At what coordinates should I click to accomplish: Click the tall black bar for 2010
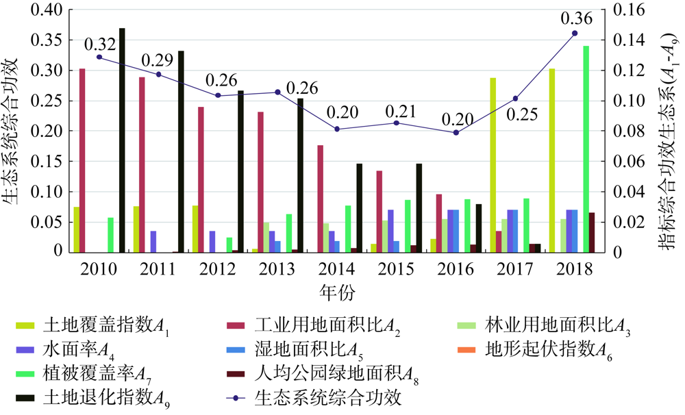122,140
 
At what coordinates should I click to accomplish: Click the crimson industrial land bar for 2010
82,160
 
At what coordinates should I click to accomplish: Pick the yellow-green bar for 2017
493,165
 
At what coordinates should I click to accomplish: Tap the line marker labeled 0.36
575,33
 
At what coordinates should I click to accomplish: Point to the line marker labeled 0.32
99,57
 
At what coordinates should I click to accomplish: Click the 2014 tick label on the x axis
338,269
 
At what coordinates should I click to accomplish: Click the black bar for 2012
241,171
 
